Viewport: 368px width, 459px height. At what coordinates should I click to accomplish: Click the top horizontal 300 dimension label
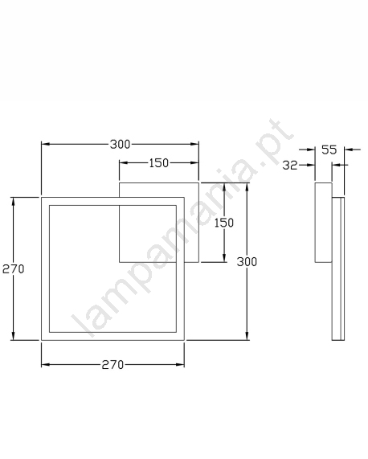click(x=120, y=144)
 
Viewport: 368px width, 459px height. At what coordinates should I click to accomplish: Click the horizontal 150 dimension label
click(x=159, y=163)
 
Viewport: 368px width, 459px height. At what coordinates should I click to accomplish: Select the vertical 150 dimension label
click(x=224, y=223)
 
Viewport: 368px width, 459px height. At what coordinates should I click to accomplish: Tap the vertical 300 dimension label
click(x=247, y=262)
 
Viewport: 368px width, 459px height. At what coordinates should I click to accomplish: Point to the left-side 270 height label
click(x=13, y=268)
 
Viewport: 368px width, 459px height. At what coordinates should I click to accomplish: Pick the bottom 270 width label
click(x=112, y=365)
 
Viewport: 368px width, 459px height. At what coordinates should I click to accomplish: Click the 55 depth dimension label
click(x=329, y=150)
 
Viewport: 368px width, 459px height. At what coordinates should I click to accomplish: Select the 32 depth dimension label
click(x=290, y=166)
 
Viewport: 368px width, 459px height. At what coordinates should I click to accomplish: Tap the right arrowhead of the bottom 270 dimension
click(x=180, y=365)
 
